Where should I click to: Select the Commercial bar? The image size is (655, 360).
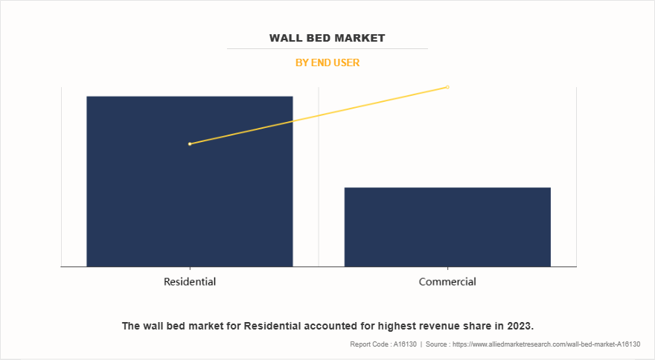point(447,227)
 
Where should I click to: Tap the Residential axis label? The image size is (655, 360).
point(190,282)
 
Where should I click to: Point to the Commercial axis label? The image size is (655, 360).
point(447,282)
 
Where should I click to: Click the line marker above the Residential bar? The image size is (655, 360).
point(190,144)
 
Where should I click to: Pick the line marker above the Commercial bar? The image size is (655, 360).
point(447,87)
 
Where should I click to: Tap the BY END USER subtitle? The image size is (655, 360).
point(327,63)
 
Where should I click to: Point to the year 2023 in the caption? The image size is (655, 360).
point(520,326)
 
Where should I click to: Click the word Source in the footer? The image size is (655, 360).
point(439,344)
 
